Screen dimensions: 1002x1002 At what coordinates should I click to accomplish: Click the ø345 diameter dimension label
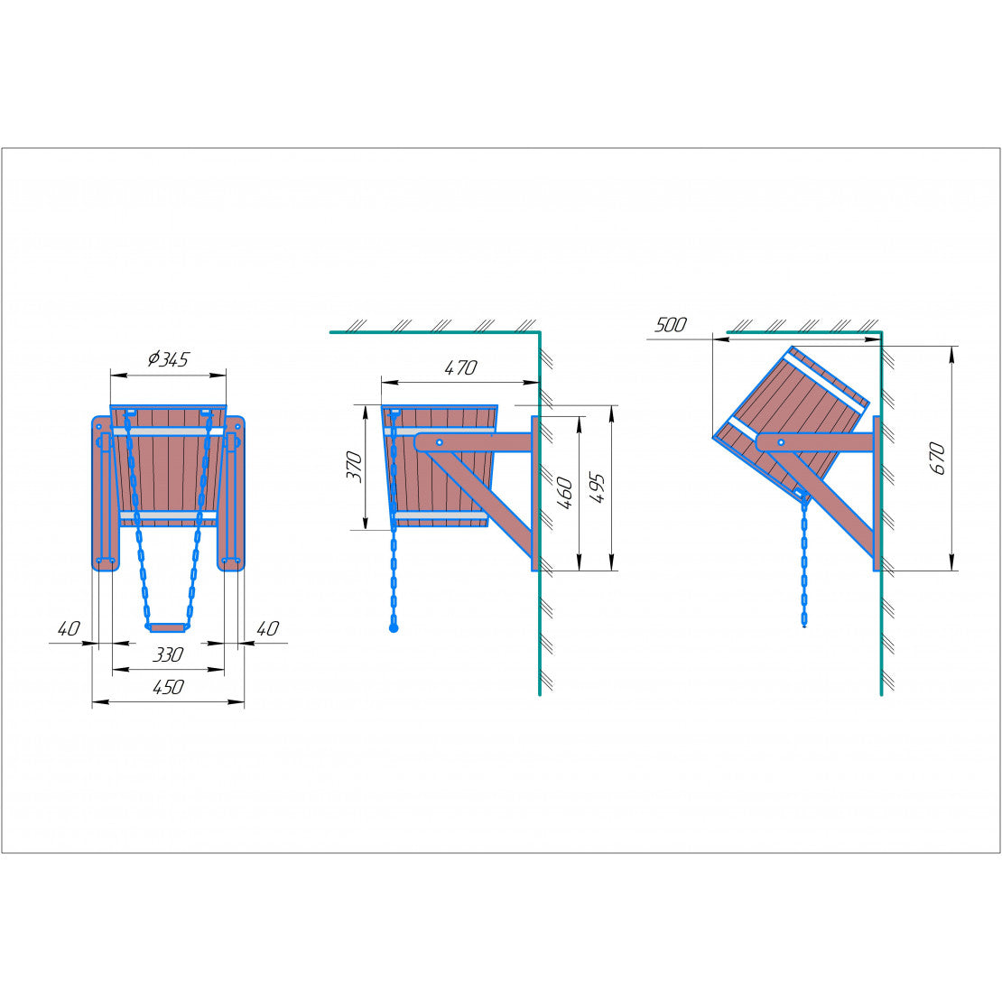(168, 360)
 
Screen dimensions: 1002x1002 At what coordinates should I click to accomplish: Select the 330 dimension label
(167, 654)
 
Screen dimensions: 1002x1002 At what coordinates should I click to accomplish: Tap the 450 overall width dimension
(168, 687)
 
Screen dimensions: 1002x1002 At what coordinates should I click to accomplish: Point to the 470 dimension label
(460, 367)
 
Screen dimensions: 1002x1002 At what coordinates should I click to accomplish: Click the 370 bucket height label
(354, 467)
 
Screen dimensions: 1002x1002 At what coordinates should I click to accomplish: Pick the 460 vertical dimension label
(565, 493)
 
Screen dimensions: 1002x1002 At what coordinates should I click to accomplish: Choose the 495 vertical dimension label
(597, 488)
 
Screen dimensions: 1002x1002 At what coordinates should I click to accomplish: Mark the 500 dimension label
(671, 325)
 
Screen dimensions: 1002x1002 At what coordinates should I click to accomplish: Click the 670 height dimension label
(937, 459)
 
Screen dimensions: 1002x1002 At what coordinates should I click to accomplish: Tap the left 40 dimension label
(69, 629)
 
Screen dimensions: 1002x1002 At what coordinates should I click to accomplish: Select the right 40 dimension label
(268, 629)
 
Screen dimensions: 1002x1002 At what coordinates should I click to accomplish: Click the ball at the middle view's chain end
(394, 629)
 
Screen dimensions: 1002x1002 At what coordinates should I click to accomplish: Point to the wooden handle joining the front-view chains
(167, 628)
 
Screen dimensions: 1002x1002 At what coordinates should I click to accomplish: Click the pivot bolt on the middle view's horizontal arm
(440, 442)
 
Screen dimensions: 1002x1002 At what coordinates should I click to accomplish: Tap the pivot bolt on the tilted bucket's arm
(781, 442)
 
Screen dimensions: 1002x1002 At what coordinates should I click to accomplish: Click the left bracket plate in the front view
(105, 494)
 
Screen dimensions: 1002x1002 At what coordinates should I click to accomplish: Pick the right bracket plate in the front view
(231, 494)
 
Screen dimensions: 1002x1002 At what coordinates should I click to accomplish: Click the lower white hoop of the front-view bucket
(168, 515)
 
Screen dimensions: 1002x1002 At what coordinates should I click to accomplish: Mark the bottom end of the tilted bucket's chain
(804, 626)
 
